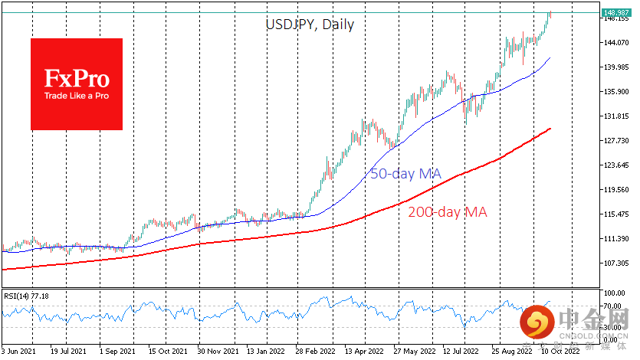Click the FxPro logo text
pyautogui.click(x=77, y=79)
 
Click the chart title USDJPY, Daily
pyautogui.click(x=310, y=24)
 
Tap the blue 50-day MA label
pyautogui.click(x=405, y=174)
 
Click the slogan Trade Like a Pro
pyautogui.click(x=77, y=97)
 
